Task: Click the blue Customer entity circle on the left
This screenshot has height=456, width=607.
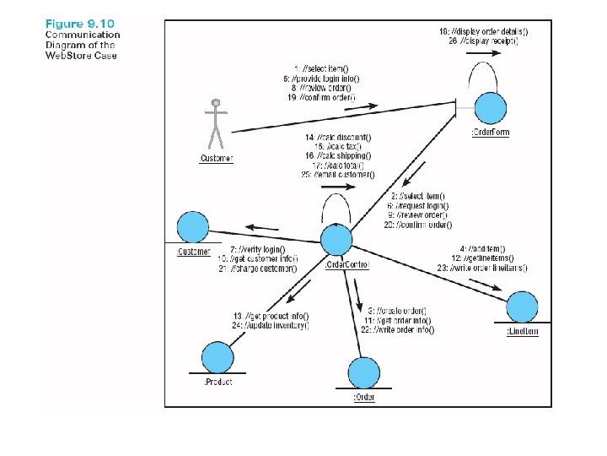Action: click(x=192, y=228)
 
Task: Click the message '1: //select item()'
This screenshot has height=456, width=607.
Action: click(x=313, y=68)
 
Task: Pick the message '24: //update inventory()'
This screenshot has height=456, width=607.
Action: click(x=271, y=325)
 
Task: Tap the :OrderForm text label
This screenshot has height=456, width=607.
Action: click(x=489, y=133)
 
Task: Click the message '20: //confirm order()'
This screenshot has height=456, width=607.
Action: click(x=417, y=225)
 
